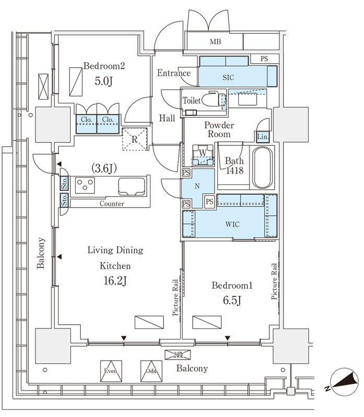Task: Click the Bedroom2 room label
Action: (x=104, y=66)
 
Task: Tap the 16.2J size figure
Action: (x=115, y=280)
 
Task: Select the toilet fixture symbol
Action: (x=213, y=100)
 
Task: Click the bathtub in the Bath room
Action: (x=263, y=167)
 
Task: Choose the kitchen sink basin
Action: (x=132, y=186)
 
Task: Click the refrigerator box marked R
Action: (x=135, y=139)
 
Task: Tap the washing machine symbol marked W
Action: (x=203, y=155)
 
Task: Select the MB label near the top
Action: (x=215, y=42)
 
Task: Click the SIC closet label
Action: (x=228, y=78)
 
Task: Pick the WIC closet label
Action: (x=232, y=224)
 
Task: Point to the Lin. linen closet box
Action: (x=263, y=137)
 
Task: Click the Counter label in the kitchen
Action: (x=112, y=204)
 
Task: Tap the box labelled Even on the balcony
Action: (x=111, y=371)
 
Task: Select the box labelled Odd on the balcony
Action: (x=151, y=371)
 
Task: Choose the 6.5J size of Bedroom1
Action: (x=232, y=301)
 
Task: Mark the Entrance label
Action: (x=174, y=73)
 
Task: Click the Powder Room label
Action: (x=219, y=129)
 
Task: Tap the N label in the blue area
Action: (x=197, y=186)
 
